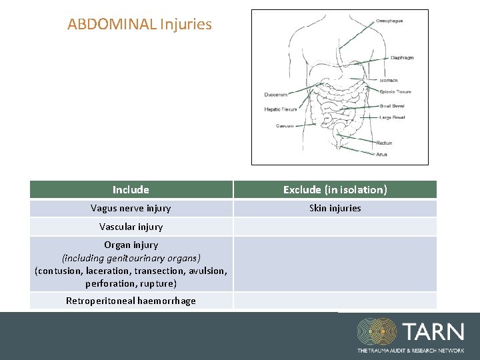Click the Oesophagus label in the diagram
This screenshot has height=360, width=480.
click(390, 21)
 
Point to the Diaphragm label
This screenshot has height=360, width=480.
click(402, 58)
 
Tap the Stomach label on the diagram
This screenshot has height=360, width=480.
click(389, 81)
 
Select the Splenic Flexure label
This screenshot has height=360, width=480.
click(395, 92)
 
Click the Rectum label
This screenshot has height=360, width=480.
click(384, 143)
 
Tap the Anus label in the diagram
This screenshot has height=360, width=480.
click(381, 154)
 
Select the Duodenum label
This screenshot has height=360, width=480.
click(277, 94)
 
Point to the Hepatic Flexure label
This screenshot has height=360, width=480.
click(280, 109)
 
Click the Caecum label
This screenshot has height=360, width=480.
click(285, 125)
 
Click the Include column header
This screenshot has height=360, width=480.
click(131, 190)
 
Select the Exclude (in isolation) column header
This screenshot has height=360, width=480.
click(335, 190)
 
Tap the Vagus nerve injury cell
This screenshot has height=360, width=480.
click(131, 208)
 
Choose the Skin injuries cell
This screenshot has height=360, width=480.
click(335, 208)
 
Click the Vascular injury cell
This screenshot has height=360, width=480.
click(131, 227)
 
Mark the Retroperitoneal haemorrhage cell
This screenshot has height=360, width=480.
click(131, 301)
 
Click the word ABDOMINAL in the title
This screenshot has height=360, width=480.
click(111, 25)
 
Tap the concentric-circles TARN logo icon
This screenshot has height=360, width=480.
click(377, 332)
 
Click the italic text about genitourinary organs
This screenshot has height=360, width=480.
click(131, 257)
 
